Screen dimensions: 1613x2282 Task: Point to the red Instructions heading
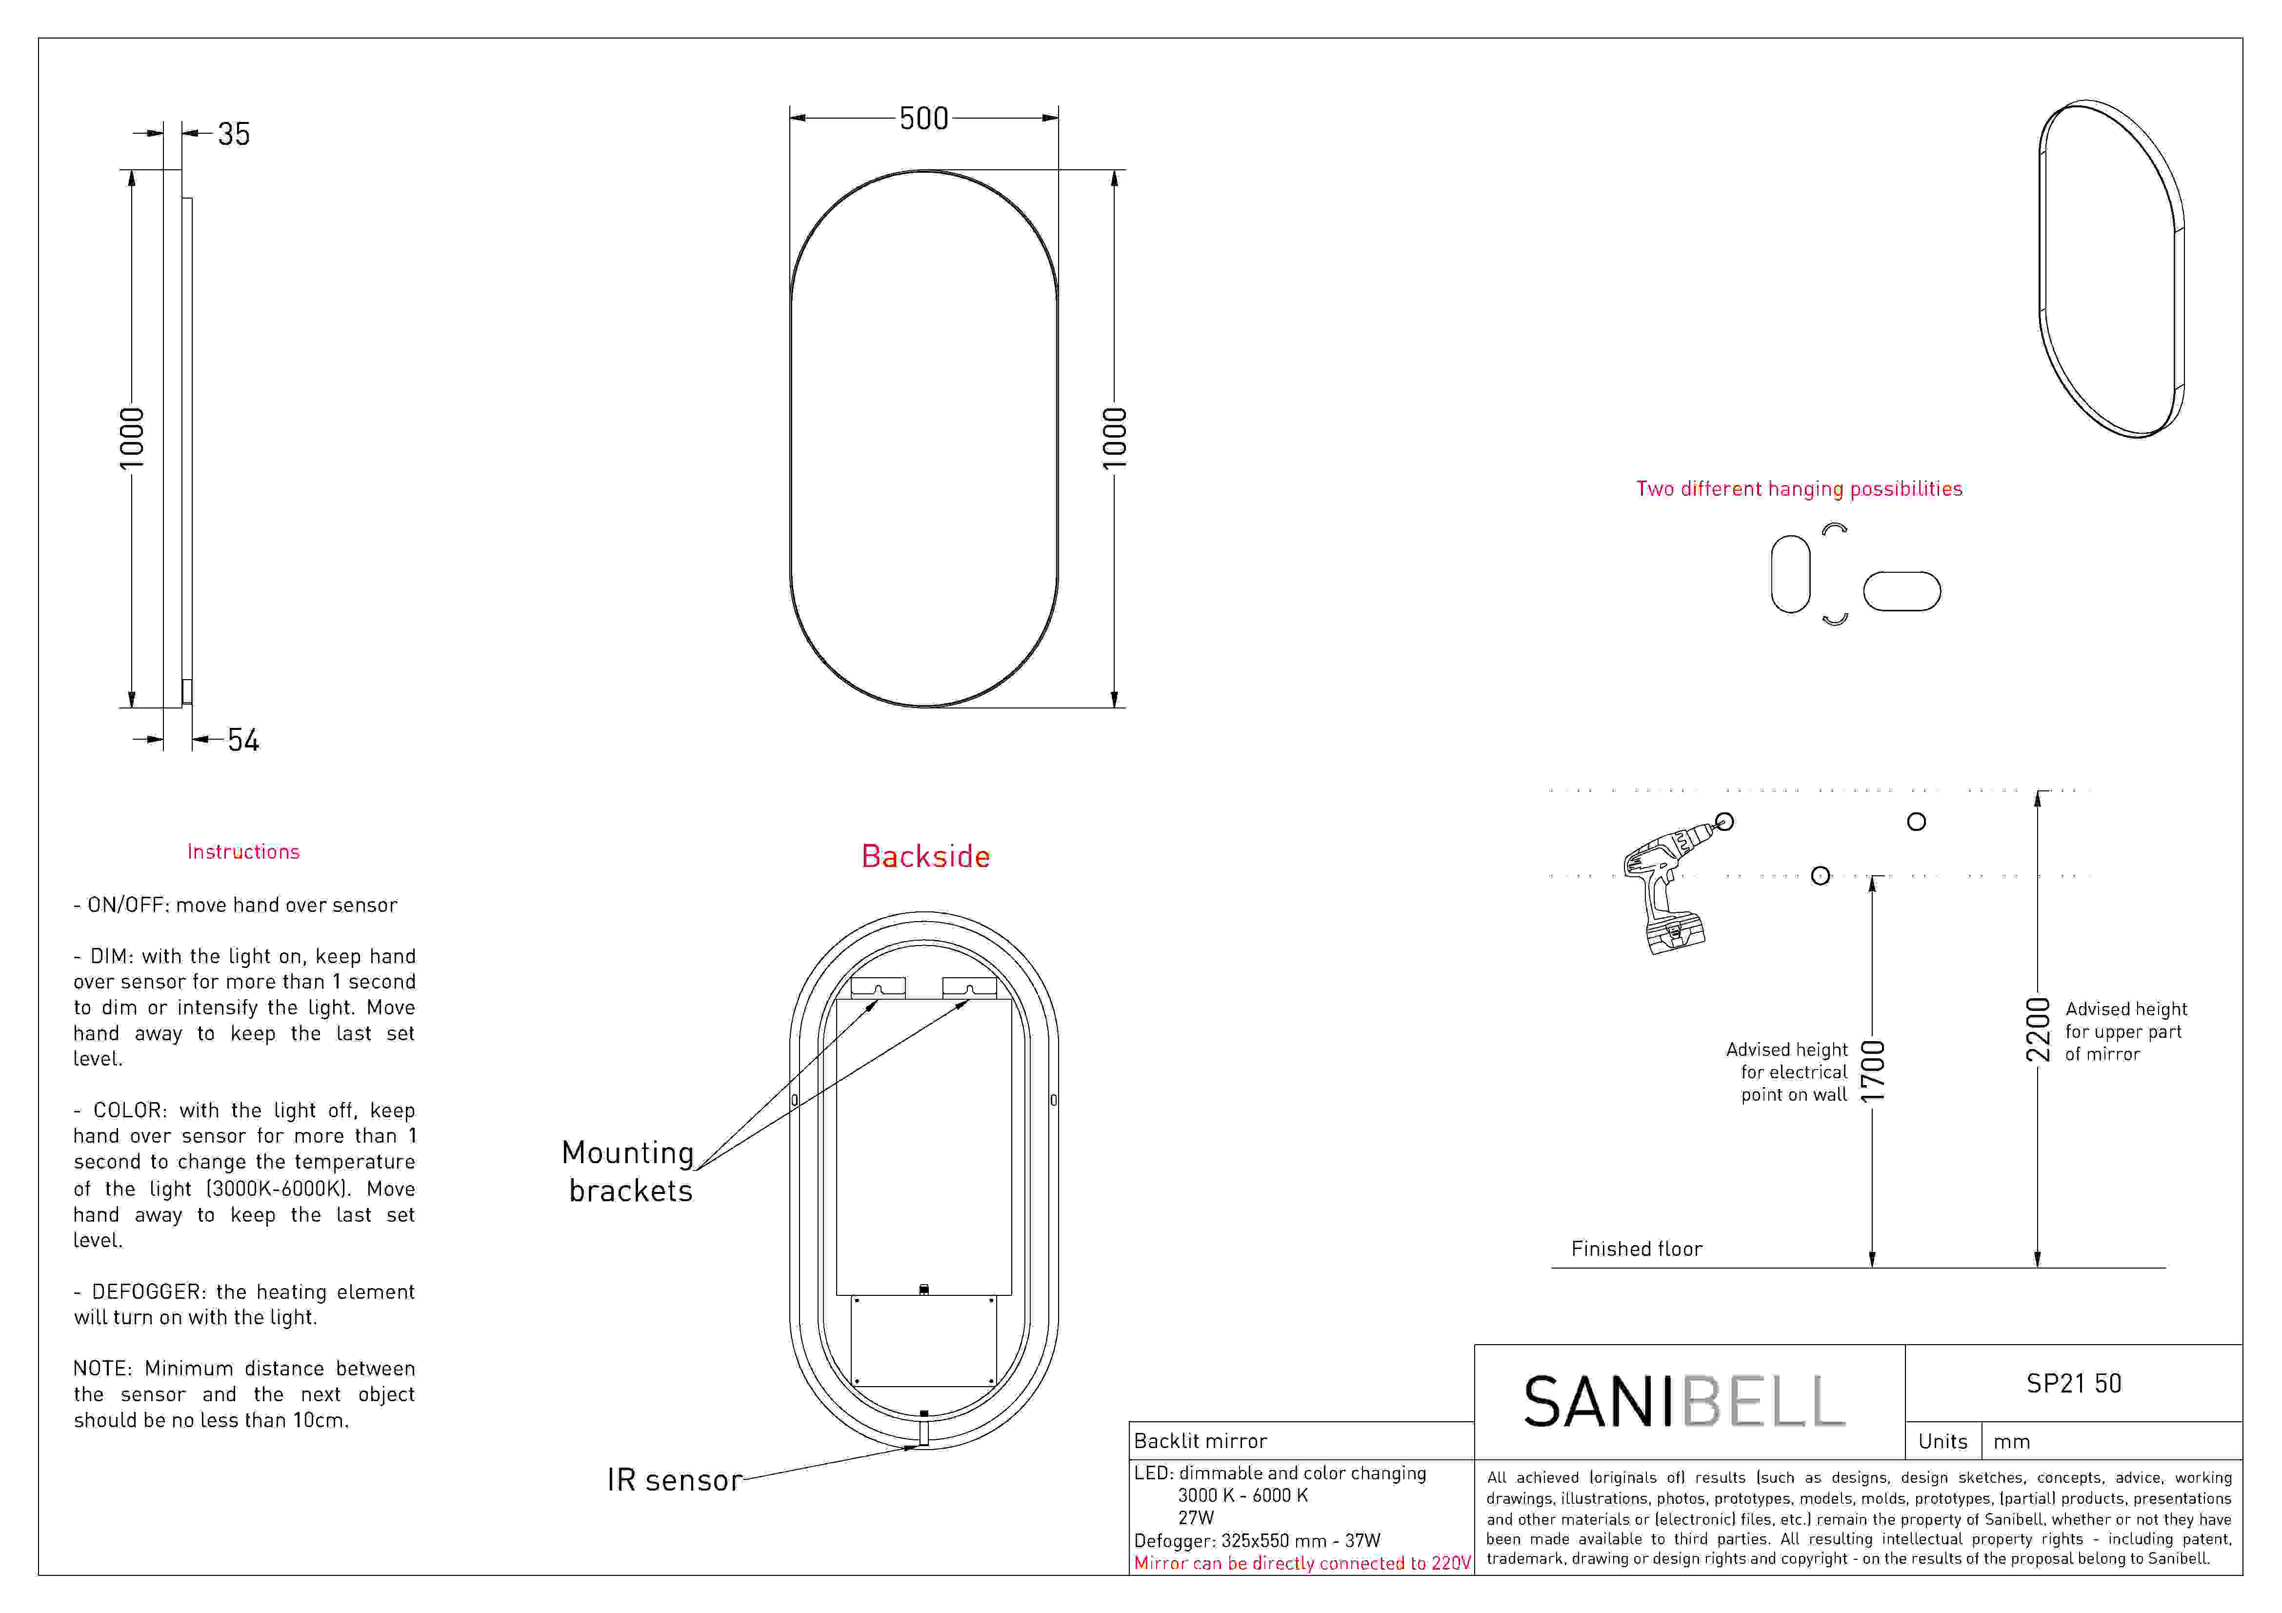click(x=243, y=852)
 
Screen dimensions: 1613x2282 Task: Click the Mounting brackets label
click(x=628, y=1171)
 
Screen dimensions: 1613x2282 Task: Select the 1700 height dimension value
click(x=1873, y=1071)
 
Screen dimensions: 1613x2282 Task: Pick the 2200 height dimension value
click(x=2038, y=1029)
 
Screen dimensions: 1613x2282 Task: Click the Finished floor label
click(x=1636, y=1249)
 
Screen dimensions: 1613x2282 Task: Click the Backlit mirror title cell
click(x=1201, y=1441)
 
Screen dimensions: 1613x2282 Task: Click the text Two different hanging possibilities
click(x=1799, y=489)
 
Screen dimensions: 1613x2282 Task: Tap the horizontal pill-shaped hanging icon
click(x=1902, y=591)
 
